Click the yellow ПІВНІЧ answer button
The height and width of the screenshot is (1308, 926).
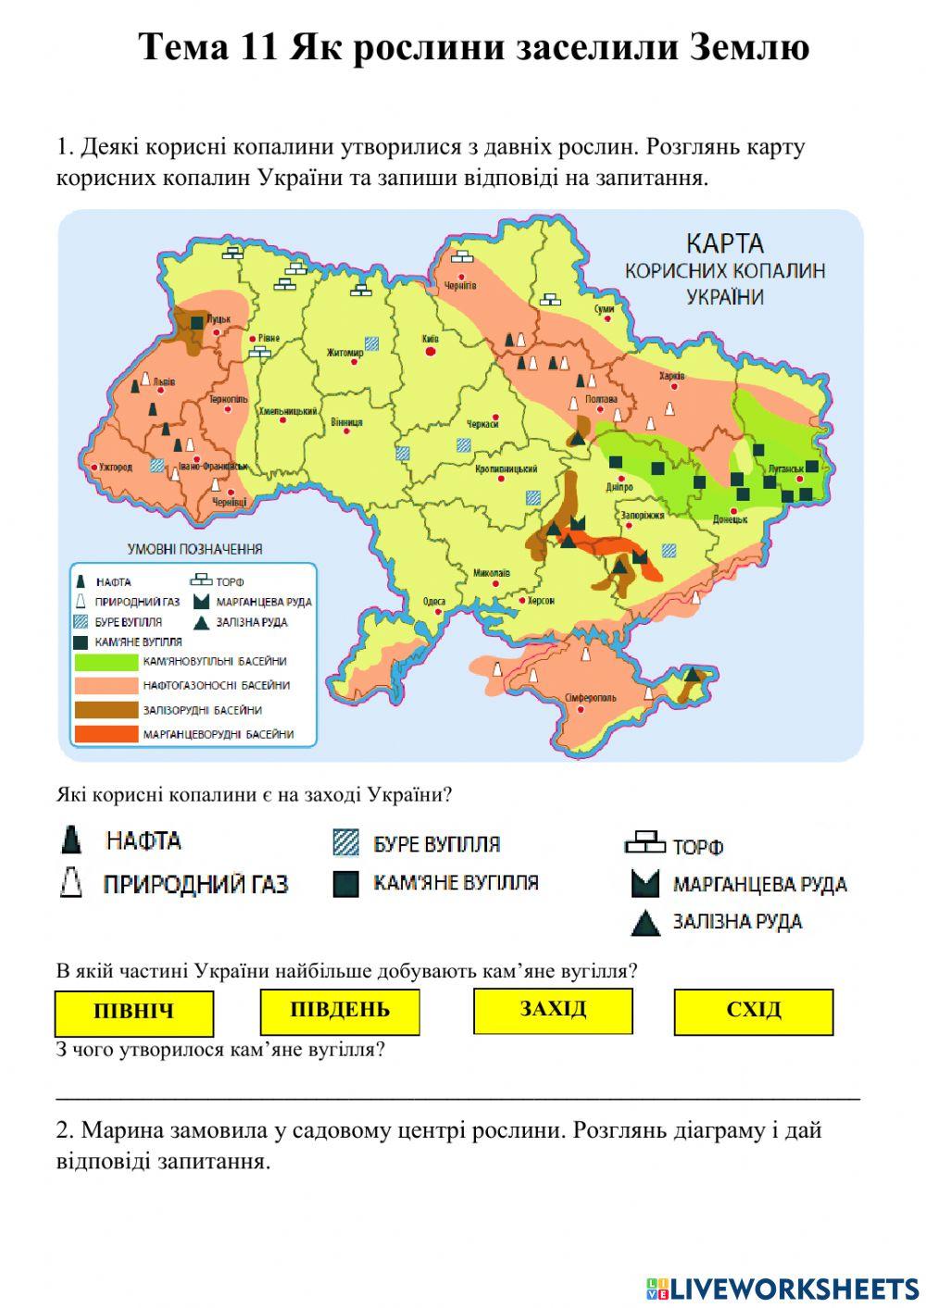[x=133, y=1013]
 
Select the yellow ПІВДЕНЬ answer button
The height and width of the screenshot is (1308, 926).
[x=340, y=1011]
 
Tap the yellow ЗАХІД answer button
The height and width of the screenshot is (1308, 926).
[x=553, y=1010]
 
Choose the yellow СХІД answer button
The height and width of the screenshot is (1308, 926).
[x=754, y=1011]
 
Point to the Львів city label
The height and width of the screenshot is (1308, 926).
[x=164, y=380]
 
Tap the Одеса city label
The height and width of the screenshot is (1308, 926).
[x=433, y=602]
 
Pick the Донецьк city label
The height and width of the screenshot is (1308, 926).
[x=730, y=520]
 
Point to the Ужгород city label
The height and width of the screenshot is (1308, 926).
[x=114, y=467]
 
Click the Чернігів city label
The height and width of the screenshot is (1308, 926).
[x=460, y=286]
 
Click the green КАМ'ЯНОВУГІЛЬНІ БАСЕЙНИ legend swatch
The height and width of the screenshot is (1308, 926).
[x=105, y=662]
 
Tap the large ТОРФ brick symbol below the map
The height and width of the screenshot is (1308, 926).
[x=644, y=844]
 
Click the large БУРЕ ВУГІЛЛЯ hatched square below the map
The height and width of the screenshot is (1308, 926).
[x=345, y=843]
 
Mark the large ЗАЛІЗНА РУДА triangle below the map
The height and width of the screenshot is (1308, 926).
[x=645, y=923]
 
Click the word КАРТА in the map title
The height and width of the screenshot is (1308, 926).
[x=724, y=244]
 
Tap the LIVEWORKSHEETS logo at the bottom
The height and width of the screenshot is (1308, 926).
[x=782, y=1288]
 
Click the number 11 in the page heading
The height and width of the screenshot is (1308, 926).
[x=258, y=47]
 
